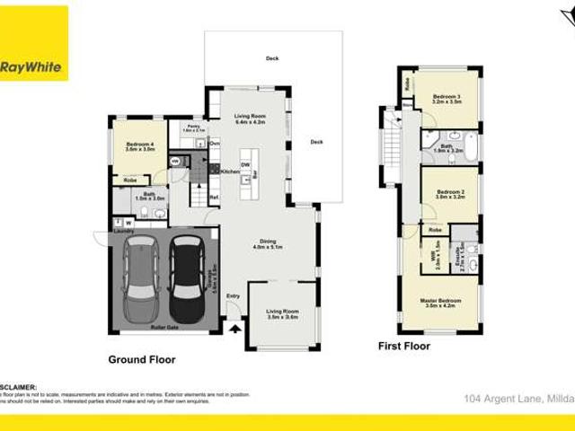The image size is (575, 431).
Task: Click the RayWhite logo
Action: [34, 43]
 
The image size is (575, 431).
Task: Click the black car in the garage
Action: [187, 276]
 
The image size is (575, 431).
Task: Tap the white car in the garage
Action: [142, 280]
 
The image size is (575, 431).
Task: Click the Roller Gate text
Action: [164, 328]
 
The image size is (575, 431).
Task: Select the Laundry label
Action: [124, 231]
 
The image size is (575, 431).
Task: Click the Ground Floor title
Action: [142, 359]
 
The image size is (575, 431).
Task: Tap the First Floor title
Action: [404, 346]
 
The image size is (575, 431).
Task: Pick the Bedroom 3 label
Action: [447, 99]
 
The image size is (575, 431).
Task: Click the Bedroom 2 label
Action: [450, 193]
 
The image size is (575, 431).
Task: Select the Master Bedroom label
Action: [443, 303]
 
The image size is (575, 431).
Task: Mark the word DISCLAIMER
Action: [19, 382]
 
